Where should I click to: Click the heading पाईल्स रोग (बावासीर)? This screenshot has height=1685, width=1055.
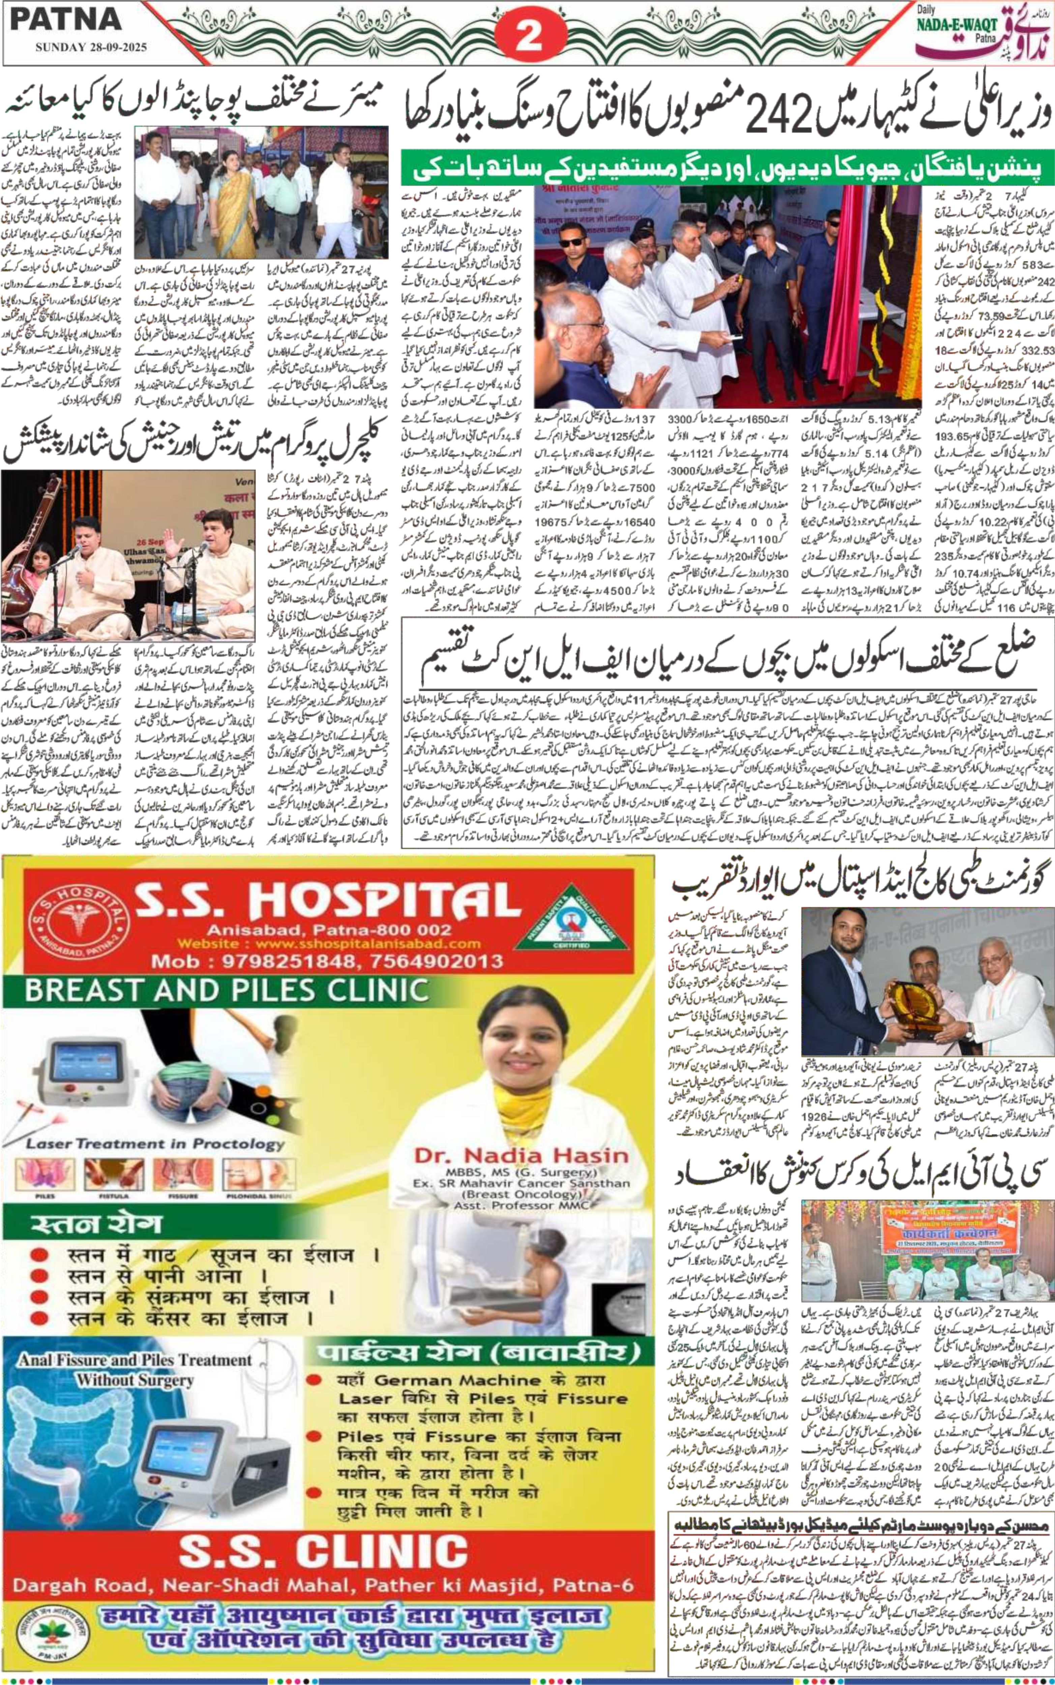(478, 1354)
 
